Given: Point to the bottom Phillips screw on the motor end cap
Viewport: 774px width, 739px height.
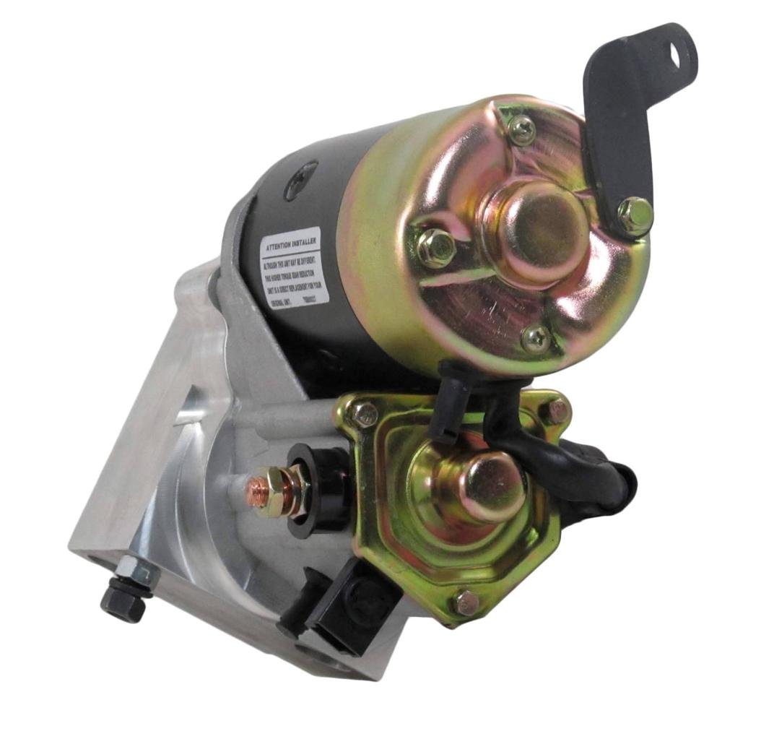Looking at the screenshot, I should pyautogui.click(x=535, y=337).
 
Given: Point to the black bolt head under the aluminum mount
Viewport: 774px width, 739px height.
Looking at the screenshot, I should pyautogui.click(x=122, y=601).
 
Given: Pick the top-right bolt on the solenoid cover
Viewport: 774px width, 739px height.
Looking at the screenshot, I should pyautogui.click(x=555, y=412).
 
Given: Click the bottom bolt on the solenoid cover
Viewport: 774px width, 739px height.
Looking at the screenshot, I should pyautogui.click(x=466, y=602).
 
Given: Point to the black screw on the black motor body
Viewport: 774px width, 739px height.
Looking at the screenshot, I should pyautogui.click(x=300, y=177).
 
